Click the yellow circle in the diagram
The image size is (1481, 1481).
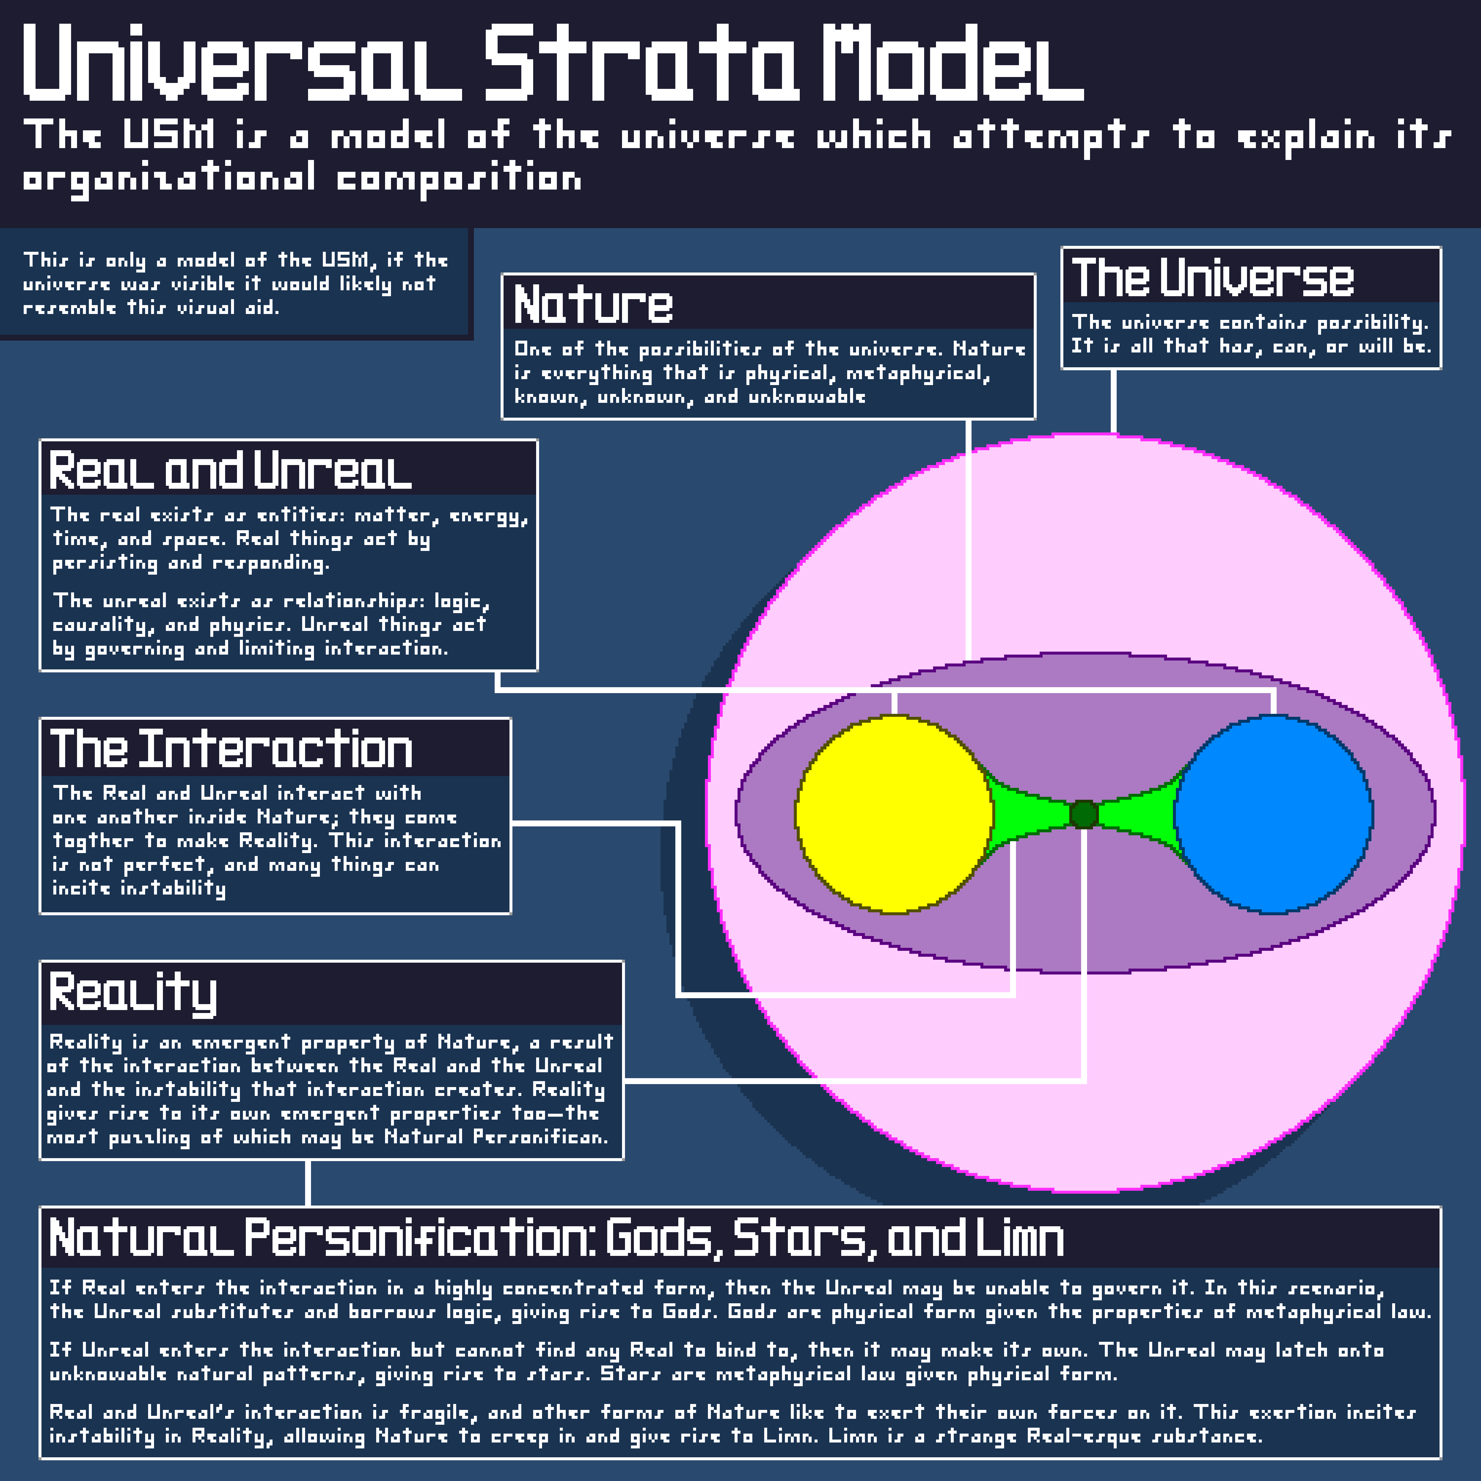895,814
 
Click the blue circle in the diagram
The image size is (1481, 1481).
1273,814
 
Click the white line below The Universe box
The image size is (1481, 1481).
1113,402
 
